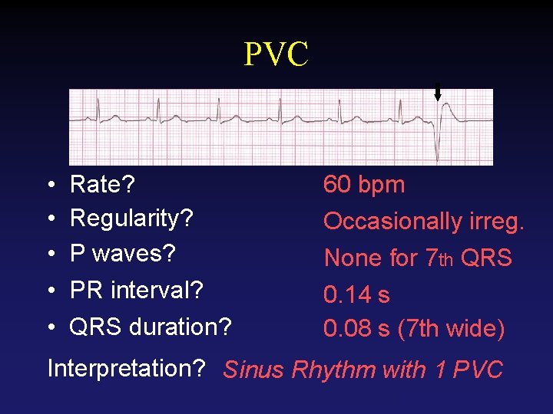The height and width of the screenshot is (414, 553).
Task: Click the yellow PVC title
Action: tap(276, 54)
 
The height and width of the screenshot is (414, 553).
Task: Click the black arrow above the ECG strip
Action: tap(438, 94)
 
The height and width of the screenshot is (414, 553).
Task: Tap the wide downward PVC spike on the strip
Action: tap(438, 146)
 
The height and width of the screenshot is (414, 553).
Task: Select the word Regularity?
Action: tap(131, 219)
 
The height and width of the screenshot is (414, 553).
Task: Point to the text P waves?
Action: tap(123, 253)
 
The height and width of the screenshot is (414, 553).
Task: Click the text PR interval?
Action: tap(136, 291)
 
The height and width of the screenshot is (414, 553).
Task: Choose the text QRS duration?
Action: tap(151, 327)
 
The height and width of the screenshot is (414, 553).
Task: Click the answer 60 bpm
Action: tap(364, 185)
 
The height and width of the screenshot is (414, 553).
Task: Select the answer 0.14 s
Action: tap(356, 294)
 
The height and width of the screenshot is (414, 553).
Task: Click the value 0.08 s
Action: tap(356, 329)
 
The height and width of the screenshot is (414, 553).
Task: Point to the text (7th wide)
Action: tap(451, 329)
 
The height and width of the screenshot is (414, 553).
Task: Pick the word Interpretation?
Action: tap(125, 368)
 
